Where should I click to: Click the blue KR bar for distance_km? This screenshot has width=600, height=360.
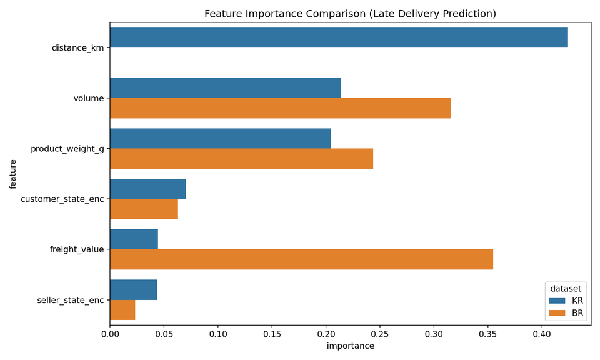(339, 37)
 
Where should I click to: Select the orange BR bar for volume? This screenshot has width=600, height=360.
(280, 108)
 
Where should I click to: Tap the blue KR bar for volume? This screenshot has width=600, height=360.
(225, 88)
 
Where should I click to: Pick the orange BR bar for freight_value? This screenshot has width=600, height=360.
(301, 259)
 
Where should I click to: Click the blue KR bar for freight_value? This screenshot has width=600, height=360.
(134, 239)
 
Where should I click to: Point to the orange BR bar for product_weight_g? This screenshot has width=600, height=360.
(241, 159)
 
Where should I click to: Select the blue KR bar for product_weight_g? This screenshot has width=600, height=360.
(220, 139)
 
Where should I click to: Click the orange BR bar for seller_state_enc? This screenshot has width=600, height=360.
(122, 310)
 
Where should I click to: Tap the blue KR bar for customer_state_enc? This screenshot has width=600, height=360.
(147, 189)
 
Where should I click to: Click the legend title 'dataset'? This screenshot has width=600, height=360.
(566, 289)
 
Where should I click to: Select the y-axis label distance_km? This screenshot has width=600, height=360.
(77, 47)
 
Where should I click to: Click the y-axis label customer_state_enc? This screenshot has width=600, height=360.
(62, 199)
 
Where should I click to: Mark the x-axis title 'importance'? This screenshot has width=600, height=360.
(350, 346)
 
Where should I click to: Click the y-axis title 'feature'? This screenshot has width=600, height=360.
(13, 174)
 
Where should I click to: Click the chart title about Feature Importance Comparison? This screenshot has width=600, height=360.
(350, 14)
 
